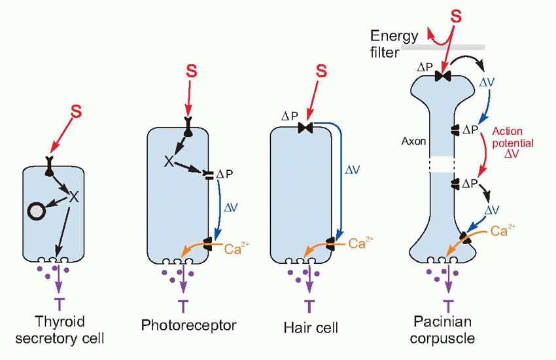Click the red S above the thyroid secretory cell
point(77,112)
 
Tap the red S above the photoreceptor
point(191,69)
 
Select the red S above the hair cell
point(321,70)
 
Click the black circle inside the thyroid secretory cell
point(35,211)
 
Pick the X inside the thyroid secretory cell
point(74,196)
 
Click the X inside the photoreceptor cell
point(169,160)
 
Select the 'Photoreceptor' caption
point(188,325)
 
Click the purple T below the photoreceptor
point(182,305)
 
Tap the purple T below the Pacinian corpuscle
point(448,305)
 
